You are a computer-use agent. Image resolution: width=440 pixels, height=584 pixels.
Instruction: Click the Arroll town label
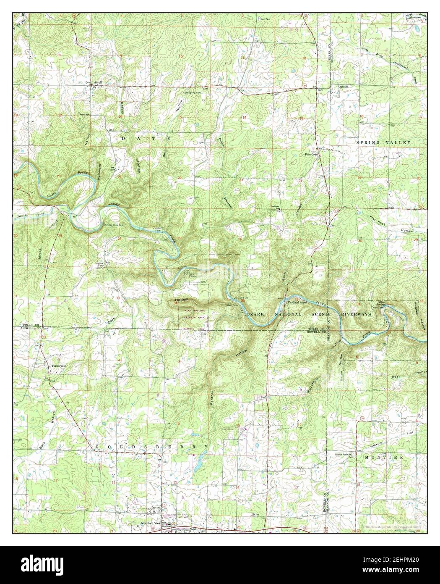tap(97, 82)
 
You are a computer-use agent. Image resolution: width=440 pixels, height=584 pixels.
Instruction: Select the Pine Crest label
tap(312, 155)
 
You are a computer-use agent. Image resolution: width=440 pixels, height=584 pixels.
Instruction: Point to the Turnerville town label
tap(59, 366)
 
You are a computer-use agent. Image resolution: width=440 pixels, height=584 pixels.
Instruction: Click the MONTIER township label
tap(378, 457)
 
